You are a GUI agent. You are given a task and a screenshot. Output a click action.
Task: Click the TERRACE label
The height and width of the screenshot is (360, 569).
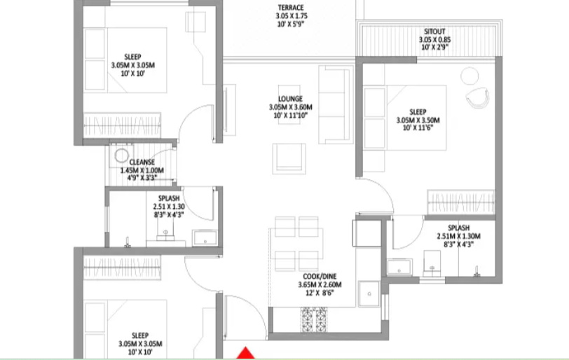coord(290,8)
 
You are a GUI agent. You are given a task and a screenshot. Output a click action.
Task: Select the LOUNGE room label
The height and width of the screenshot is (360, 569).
coord(289,99)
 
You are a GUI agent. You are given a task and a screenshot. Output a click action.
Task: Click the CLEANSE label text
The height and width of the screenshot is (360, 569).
coord(142,162)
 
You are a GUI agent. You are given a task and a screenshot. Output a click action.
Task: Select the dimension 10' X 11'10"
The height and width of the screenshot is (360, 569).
coord(289,116)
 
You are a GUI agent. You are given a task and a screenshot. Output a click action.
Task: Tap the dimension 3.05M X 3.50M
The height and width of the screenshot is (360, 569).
coord(418,120)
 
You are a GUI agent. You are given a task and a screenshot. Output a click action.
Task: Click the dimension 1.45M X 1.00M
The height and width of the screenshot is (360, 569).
coord(142,170)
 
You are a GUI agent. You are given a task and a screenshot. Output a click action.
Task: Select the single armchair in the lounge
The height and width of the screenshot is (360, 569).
coord(289,158)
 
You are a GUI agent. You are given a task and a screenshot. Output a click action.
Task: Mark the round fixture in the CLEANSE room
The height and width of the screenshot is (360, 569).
coord(122,155)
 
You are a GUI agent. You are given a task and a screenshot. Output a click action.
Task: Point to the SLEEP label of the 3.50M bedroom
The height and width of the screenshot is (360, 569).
coord(418,111)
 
